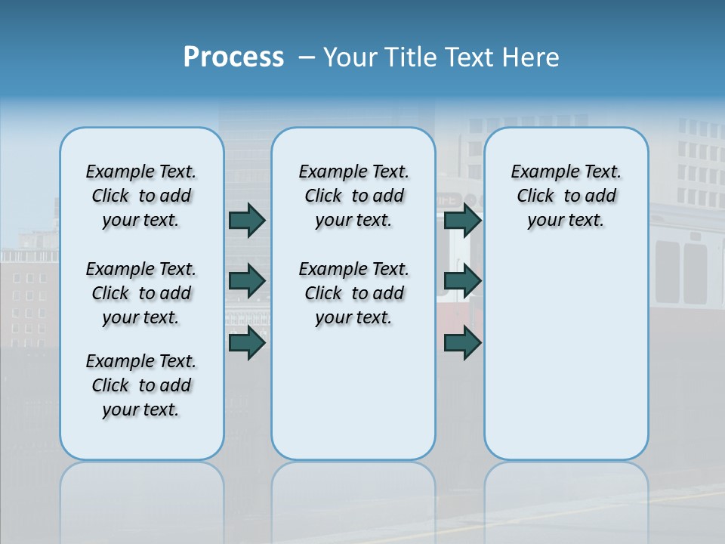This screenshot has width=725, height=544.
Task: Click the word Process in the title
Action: [233, 57]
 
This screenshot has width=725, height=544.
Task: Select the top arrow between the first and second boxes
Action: [246, 220]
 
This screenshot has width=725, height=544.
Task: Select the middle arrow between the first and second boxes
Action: [246, 281]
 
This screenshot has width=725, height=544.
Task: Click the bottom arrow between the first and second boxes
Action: [246, 343]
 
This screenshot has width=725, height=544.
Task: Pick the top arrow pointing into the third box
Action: [462, 220]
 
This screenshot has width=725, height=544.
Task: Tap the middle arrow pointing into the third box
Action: [462, 281]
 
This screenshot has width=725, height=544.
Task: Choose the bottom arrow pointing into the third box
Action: [462, 343]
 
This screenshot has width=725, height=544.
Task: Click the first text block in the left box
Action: [141, 196]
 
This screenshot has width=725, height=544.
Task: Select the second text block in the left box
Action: [141, 293]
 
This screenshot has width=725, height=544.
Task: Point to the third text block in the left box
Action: [141, 385]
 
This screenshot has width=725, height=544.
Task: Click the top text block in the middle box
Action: [353, 196]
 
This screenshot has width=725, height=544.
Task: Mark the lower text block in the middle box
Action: [353, 293]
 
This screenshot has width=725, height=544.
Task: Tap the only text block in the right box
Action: [566, 196]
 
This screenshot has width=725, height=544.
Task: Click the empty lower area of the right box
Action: [566, 355]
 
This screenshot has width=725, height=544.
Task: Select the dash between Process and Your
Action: [307, 57]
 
